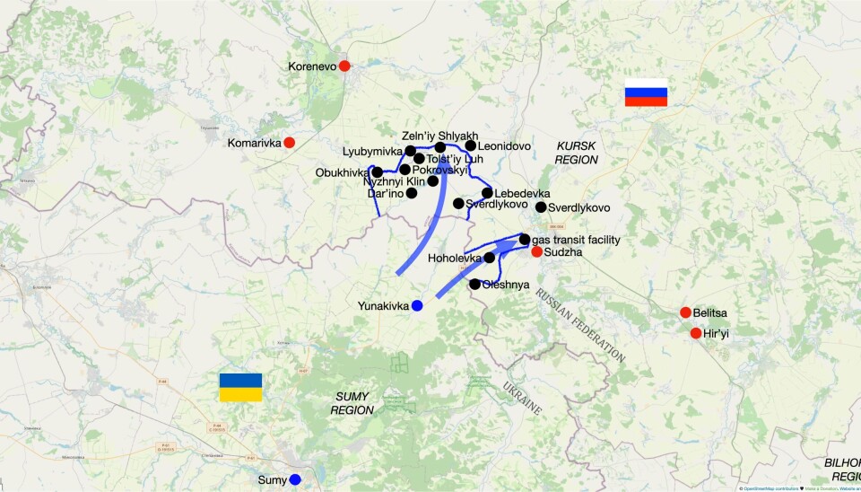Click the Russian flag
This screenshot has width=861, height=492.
(x=646, y=92)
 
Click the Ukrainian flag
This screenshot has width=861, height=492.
(x=240, y=387)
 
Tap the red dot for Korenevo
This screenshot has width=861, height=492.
(x=344, y=66)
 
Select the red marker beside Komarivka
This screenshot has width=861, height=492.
(x=289, y=142)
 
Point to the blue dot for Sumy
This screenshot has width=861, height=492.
(x=295, y=480)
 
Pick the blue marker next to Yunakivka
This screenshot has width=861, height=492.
(x=417, y=305)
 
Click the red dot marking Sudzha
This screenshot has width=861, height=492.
(x=536, y=252)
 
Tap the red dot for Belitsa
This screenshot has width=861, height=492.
(x=685, y=312)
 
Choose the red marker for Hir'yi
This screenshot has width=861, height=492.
(x=696, y=333)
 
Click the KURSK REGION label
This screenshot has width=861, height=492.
(x=576, y=152)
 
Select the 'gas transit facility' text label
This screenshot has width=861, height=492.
(x=576, y=240)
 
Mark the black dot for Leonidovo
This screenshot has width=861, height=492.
(x=470, y=145)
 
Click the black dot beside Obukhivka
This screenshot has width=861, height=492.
(x=378, y=172)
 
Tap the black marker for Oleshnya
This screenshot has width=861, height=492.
(x=474, y=285)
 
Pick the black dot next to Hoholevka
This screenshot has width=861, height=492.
(x=490, y=258)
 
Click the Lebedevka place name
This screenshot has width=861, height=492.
(x=522, y=193)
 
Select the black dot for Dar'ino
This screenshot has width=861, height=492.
(x=412, y=193)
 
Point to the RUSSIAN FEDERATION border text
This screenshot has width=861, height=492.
(x=580, y=325)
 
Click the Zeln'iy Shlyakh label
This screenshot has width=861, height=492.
(x=439, y=136)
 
